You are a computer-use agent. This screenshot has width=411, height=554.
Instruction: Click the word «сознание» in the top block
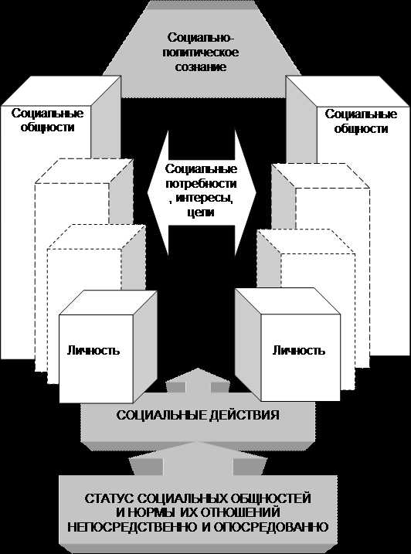[x=201, y=66]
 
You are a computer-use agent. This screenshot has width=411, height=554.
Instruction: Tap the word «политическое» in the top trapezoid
[x=201, y=53]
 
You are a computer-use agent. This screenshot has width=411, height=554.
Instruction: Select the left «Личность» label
[x=93, y=350]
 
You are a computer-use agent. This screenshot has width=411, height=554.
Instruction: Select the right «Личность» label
[x=299, y=350]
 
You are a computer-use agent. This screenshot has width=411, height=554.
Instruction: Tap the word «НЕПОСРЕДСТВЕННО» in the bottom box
[x=132, y=527]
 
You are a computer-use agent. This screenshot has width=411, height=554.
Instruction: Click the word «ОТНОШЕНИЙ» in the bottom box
[x=241, y=512]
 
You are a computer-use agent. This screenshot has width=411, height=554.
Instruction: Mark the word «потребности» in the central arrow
[x=201, y=184]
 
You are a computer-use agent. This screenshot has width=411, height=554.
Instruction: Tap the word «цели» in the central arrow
[x=199, y=213]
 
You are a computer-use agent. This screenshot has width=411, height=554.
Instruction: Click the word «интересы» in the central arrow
[x=204, y=199]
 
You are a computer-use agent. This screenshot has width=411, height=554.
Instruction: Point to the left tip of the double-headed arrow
[x=147, y=193]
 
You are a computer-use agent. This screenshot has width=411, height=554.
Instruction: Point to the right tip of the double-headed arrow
[x=256, y=193]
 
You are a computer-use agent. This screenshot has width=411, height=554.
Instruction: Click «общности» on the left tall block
[x=47, y=127]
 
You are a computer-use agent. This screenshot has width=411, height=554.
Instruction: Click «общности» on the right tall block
[x=361, y=128]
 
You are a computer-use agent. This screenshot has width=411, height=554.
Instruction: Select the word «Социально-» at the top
[x=201, y=38]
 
